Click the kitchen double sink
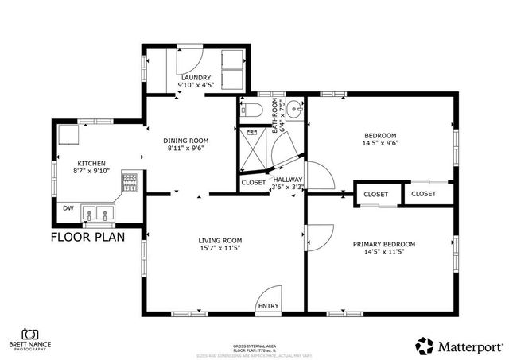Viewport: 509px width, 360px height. pyautogui.click(x=100, y=213)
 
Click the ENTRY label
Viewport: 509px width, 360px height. pyautogui.click(x=268, y=306)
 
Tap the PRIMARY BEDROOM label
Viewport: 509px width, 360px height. pyautogui.click(x=384, y=245)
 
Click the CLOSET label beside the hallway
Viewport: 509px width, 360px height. pyautogui.click(x=254, y=183)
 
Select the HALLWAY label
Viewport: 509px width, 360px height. pyautogui.click(x=288, y=180)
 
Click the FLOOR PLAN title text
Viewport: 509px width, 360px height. pyautogui.click(x=87, y=237)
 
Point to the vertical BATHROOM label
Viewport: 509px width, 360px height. pyautogui.click(x=276, y=116)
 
